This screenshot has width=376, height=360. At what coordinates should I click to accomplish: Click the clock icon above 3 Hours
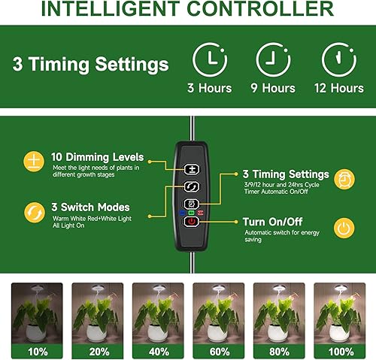210,59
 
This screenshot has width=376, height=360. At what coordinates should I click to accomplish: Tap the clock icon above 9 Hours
274,59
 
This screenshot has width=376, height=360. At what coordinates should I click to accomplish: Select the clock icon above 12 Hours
338,59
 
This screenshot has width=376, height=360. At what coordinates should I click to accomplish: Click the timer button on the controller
192,204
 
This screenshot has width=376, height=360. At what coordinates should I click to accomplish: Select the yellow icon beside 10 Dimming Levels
33,160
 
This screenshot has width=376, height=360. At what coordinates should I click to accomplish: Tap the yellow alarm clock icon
343,178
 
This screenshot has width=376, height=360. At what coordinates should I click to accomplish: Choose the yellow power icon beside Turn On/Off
343,227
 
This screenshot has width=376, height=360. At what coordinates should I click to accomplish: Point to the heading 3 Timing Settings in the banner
90,63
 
